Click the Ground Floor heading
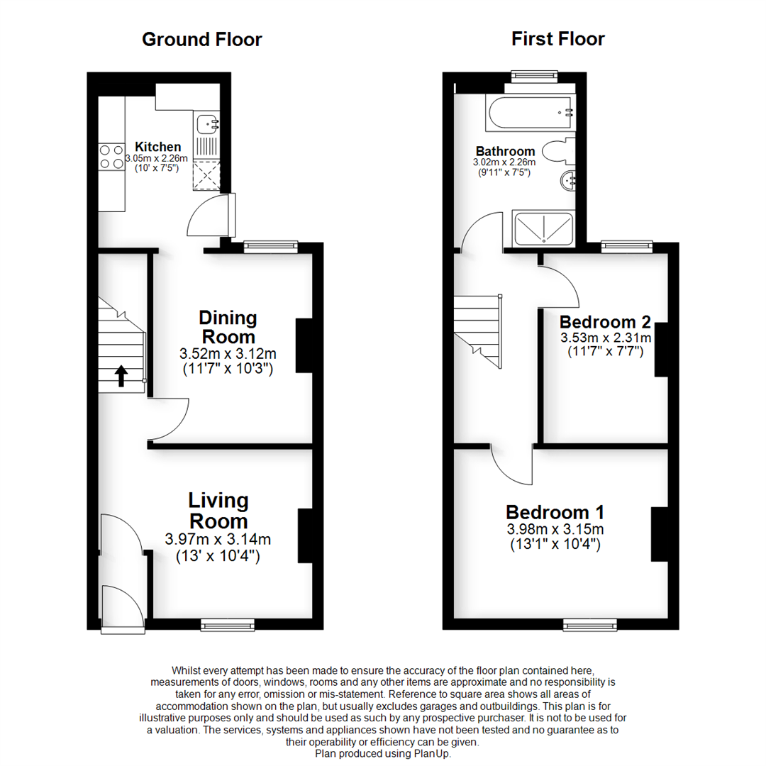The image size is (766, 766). coord(201,39)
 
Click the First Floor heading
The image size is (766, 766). coord(557,39)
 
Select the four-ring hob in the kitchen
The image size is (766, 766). coord(110,157)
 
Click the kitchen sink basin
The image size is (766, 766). coord(207,123)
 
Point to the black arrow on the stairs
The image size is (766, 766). coord(121,375)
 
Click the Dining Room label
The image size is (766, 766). coord(228,326)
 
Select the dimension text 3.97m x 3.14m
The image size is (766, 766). coord(218,539)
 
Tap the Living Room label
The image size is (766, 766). coord(218,511)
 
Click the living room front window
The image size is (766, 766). coord(227,624)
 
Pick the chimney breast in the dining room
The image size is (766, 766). coord(304,345)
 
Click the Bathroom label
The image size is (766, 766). coord(505,151)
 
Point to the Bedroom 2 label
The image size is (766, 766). coord(605,321)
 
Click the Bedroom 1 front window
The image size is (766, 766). coord(589,624)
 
